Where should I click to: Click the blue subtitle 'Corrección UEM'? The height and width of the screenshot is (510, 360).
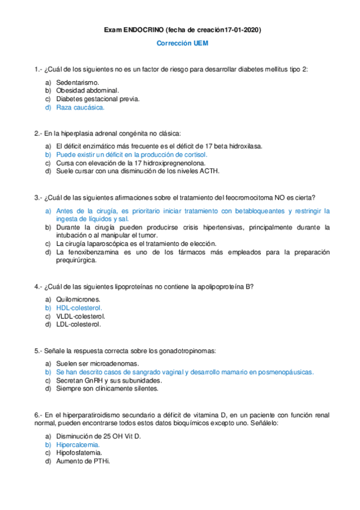[179, 44]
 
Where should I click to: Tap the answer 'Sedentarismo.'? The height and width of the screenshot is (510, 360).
[78, 81]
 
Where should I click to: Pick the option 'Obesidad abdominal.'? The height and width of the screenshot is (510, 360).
[87, 90]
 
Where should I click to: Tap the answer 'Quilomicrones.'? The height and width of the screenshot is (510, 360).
[78, 299]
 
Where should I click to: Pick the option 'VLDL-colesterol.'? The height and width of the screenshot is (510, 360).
[81, 316]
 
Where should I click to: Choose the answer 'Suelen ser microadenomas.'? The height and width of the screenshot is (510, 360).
[97, 364]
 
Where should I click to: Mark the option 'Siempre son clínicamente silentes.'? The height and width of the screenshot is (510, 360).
[107, 389]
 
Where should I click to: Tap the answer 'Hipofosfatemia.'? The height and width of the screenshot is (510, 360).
[79, 452]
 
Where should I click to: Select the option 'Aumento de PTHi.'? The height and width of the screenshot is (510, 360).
[83, 461]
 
